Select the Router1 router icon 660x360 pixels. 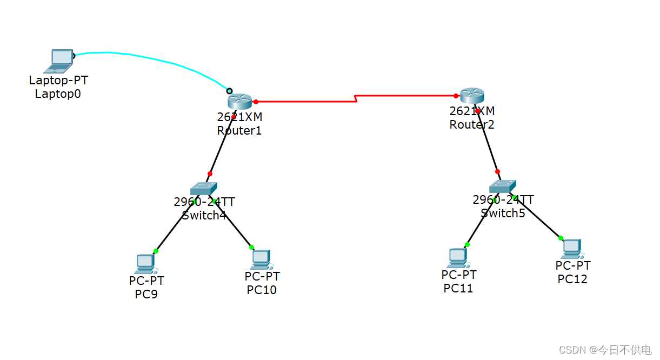(x=240, y=101)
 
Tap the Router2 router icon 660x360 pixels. (x=472, y=96)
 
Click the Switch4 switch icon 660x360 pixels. (x=203, y=189)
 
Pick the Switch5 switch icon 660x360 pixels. (x=502, y=186)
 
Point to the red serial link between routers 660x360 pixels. (x=303, y=101)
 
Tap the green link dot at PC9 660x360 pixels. (x=156, y=251)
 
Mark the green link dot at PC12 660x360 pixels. (x=561, y=238)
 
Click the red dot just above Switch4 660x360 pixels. (x=210, y=174)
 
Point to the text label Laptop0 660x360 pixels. (x=58, y=94)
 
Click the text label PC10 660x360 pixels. (x=262, y=290)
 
